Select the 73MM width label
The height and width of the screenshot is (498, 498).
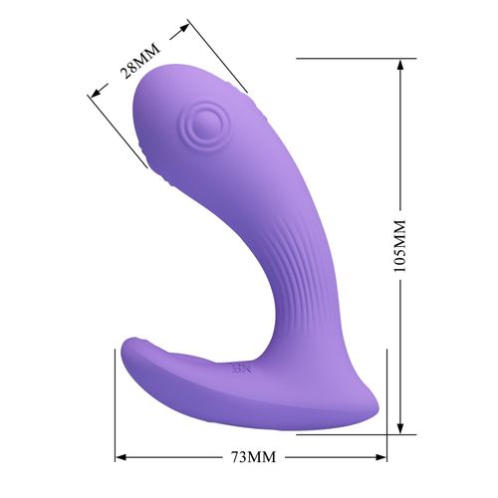[x=249, y=457]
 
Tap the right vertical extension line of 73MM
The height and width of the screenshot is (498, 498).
[x=385, y=438]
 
